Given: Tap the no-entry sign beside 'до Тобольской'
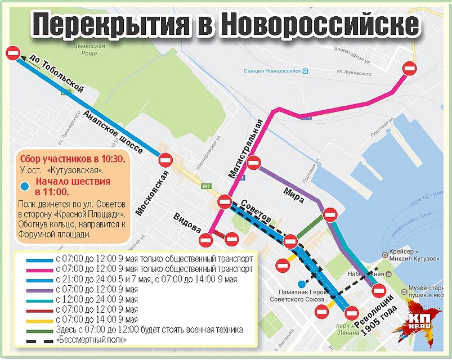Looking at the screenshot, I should coord(14,53).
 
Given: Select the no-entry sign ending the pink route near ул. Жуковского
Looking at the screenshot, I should coord(410,69).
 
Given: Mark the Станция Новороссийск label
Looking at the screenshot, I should coord(272,71).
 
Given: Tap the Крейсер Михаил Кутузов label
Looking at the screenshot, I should coord(410,255).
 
